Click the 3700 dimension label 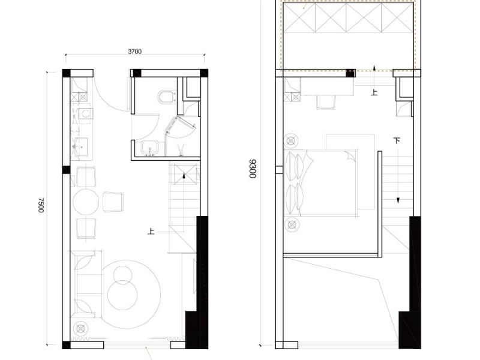click(x=134, y=52)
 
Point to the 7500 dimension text click(x=41, y=205)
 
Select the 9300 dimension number click(x=253, y=169)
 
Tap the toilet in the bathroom click(x=167, y=97)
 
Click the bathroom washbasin click(x=149, y=148)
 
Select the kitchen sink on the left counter click(x=82, y=147)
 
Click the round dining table click(x=86, y=202)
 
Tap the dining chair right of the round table click(x=113, y=202)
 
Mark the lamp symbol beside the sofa click(x=80, y=329)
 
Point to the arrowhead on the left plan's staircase click(x=184, y=175)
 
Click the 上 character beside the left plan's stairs click(x=151, y=231)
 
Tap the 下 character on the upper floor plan click(x=397, y=140)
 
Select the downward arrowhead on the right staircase click(x=398, y=200)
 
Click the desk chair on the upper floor click(x=326, y=102)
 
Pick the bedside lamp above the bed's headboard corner click(x=291, y=141)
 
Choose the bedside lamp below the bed click(x=292, y=225)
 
